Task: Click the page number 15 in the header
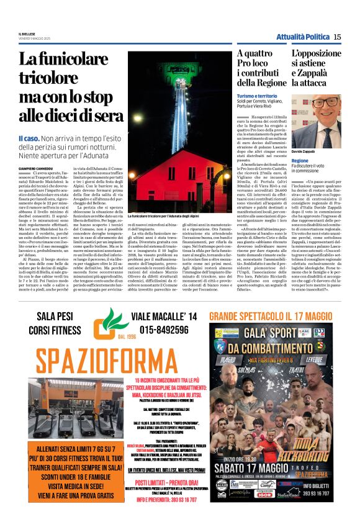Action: click(337, 37)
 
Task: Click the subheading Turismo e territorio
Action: click(258, 96)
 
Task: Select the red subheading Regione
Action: click(300, 160)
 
